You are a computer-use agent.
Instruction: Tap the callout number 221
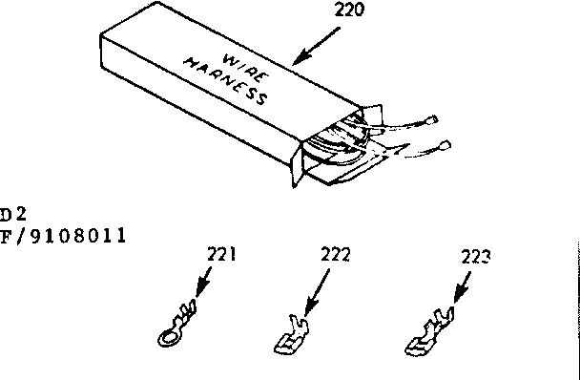[221, 255]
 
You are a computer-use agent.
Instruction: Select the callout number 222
[334, 255]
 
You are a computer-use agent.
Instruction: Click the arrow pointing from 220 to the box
[316, 46]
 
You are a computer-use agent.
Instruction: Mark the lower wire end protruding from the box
[445, 146]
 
